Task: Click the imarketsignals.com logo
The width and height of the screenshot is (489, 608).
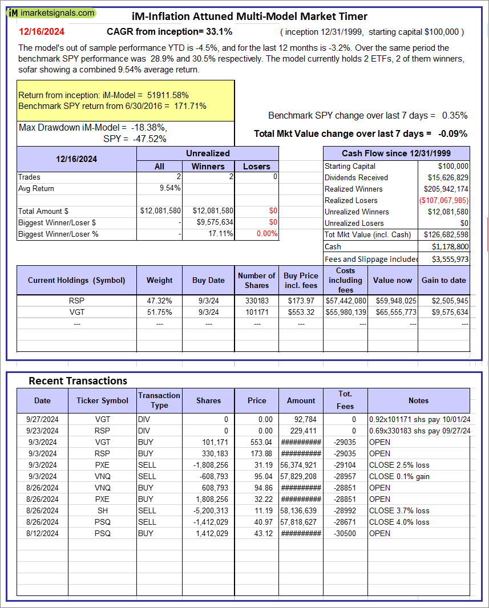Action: (x=52, y=13)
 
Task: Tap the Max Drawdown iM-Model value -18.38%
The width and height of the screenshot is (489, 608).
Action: (x=147, y=127)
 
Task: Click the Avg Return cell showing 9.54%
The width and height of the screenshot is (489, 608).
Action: (x=170, y=188)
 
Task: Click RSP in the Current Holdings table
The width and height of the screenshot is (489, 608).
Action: (x=77, y=301)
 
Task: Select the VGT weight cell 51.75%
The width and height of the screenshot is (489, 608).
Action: (x=159, y=312)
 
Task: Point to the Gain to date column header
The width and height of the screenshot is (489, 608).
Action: (x=443, y=280)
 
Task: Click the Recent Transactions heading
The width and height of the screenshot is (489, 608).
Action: (x=78, y=380)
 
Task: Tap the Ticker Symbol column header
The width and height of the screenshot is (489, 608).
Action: (x=102, y=400)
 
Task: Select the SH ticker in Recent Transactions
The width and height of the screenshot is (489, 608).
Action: (x=102, y=510)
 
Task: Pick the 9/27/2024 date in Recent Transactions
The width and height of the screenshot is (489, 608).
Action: (x=42, y=419)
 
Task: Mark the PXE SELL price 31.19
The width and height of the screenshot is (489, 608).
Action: (x=257, y=465)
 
